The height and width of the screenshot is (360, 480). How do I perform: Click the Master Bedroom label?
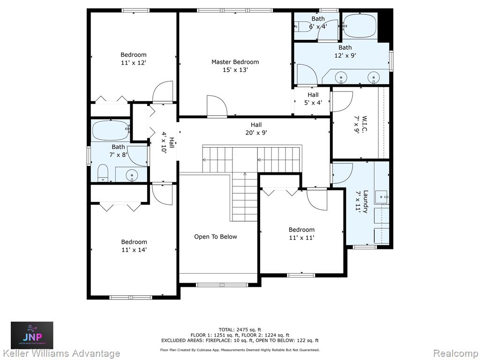coord(235,62)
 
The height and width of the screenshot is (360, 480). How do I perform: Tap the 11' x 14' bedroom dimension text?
coord(134,250)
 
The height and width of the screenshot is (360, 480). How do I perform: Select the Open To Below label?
coord(216,237)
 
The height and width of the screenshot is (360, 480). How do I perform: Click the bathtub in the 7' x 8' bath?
coord(111,130)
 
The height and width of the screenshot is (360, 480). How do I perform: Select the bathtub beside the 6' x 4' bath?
coord(360,26)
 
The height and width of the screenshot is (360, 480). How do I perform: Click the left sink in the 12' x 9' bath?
coord(340,77)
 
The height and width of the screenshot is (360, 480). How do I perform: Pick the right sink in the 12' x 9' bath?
coord(373,77)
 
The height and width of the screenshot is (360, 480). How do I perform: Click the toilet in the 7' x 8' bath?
coord(103,173)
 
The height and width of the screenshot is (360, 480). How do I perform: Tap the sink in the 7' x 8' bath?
coord(132,175)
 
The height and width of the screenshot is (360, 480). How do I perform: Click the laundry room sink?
coord(382,196)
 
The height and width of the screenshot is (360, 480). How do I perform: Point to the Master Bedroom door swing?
coord(217,106)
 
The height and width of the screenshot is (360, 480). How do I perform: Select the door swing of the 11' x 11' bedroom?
coord(317,200)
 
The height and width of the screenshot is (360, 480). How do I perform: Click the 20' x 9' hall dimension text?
coord(256,133)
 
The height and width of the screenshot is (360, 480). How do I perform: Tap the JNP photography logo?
coord(32,335)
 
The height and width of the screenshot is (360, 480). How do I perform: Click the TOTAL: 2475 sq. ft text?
coord(240,330)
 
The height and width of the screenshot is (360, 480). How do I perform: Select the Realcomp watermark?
coord(456,353)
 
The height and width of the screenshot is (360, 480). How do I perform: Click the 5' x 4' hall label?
coord(313,99)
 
